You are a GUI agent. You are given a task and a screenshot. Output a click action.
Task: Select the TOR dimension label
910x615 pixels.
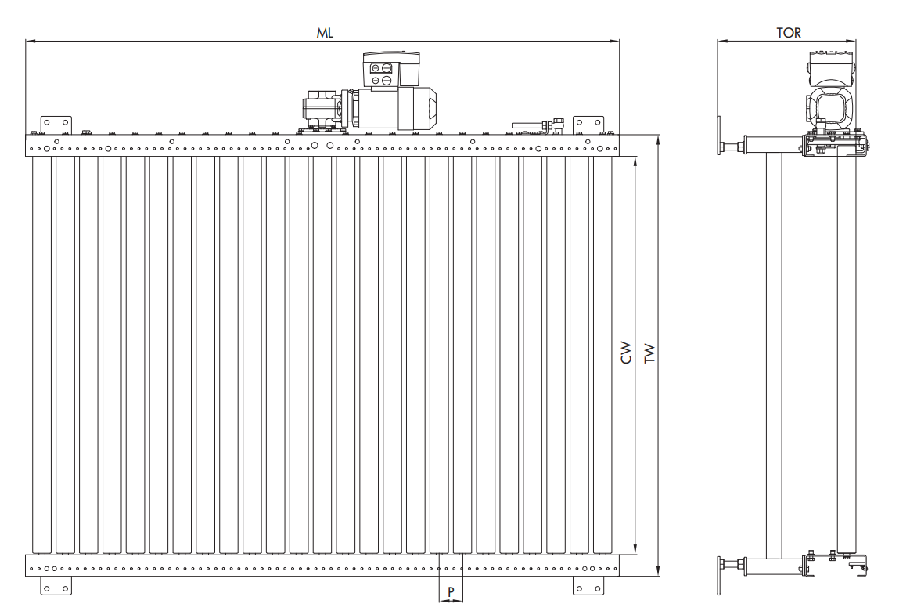coord(788,33)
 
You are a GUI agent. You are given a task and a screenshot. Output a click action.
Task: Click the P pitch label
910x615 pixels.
coord(451,590)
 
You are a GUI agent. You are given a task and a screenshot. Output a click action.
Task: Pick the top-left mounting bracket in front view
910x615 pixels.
coord(56,125)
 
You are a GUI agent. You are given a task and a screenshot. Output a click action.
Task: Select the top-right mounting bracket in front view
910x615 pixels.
coord(588,125)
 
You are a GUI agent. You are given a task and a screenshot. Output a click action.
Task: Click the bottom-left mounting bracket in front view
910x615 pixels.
coord(56,585)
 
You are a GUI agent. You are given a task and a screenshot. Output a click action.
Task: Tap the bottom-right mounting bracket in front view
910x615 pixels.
coord(588,585)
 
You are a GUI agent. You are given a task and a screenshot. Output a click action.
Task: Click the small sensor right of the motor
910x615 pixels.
coord(538,124)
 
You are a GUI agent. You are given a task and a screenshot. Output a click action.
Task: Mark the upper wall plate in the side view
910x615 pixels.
coord(718,139)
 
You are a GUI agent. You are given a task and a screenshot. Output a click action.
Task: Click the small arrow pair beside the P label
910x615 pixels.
coord(451,601)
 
